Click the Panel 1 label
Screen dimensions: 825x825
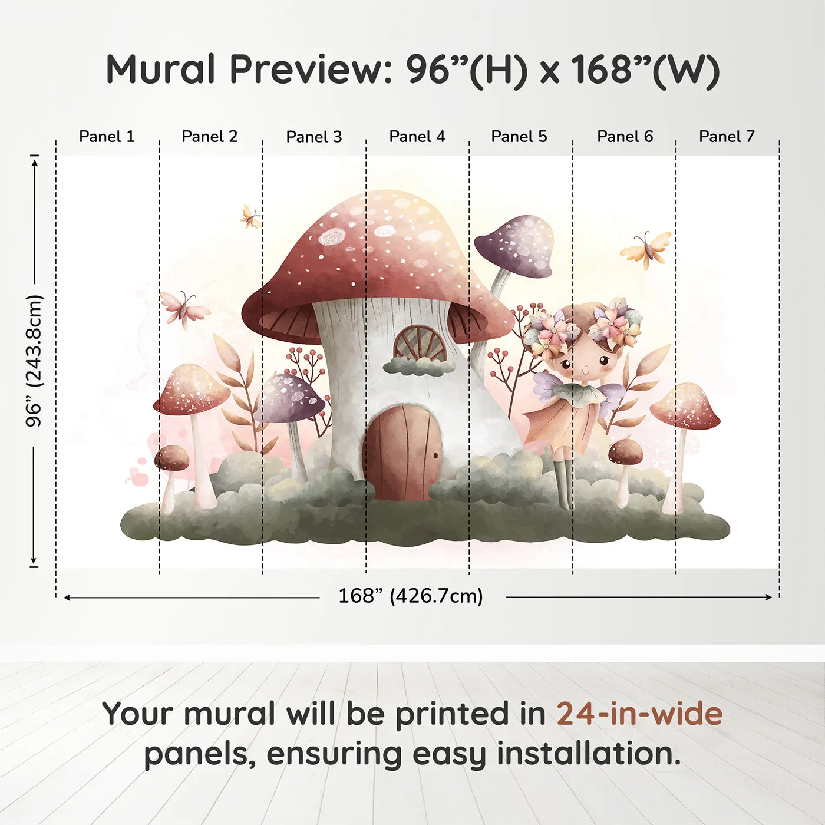tap(107, 137)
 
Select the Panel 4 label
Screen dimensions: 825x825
tap(417, 137)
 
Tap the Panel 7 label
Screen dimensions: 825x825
tap(727, 137)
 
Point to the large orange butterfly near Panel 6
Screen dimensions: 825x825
tap(646, 250)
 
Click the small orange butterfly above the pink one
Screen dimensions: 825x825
tap(251, 217)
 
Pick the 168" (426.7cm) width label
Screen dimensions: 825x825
tap(411, 596)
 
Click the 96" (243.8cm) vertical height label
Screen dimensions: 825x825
tap(34, 361)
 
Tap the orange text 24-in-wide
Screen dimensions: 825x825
tap(639, 714)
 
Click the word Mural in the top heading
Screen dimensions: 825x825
tap(160, 70)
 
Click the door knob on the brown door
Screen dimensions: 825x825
tap(435, 455)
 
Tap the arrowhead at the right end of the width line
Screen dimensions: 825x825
tap(769, 597)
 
